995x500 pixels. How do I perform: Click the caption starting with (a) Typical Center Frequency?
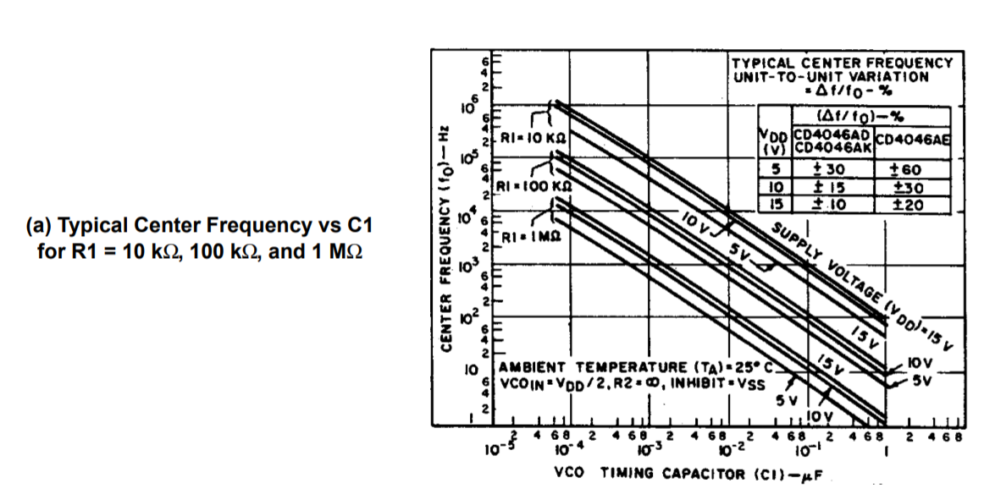199,239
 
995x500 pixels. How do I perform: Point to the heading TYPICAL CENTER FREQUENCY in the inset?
842,63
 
